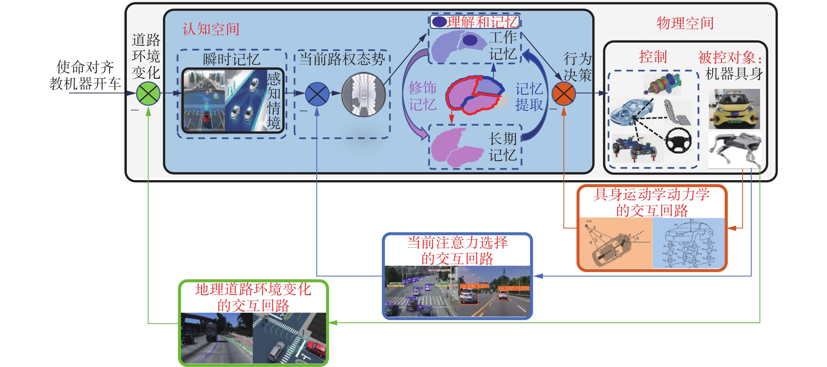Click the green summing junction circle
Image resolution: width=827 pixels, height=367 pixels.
click(148, 94)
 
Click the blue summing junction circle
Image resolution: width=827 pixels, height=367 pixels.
click(317, 94)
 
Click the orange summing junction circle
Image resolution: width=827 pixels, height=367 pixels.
click(563, 94)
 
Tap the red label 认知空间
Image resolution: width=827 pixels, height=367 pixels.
click(211, 29)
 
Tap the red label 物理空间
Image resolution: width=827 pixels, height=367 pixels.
click(685, 23)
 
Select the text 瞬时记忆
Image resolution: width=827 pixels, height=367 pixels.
click(231, 59)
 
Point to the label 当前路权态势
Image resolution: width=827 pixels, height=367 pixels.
click(342, 59)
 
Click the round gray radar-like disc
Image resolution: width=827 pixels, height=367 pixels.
click(363, 94)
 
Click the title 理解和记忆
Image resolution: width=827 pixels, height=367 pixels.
click(481, 22)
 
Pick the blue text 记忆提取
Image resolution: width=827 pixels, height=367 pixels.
click(529, 97)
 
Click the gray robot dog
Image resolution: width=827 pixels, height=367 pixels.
click(735, 150)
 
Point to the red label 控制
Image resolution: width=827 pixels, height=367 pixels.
click(653, 57)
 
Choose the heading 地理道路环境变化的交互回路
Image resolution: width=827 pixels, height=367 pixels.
click(253, 297)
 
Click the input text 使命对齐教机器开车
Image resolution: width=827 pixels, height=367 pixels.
click(85, 75)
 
